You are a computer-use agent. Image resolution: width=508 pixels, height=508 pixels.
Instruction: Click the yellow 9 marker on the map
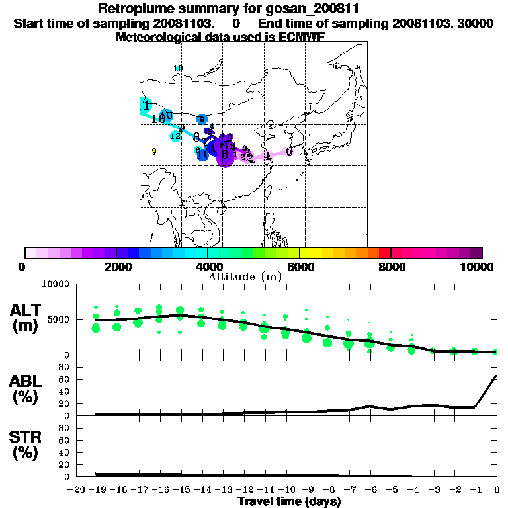tap(154, 151)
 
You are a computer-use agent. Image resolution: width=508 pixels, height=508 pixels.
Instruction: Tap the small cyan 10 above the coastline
tap(177, 69)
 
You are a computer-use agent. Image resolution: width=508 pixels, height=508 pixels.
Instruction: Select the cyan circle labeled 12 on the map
tap(175, 136)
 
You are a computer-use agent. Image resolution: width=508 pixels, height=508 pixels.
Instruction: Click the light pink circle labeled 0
tap(290, 151)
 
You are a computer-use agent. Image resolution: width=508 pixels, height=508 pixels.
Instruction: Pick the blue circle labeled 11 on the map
tap(203, 155)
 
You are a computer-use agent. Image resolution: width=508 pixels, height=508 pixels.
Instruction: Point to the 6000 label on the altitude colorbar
tap(299, 267)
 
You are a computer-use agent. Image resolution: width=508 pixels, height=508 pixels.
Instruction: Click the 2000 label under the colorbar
tap(116, 267)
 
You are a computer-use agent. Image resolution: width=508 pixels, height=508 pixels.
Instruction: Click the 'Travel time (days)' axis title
tap(289, 501)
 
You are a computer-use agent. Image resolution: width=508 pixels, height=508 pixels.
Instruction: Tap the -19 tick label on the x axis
tap(95, 489)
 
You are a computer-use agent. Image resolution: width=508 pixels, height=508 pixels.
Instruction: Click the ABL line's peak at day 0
tap(496, 376)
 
